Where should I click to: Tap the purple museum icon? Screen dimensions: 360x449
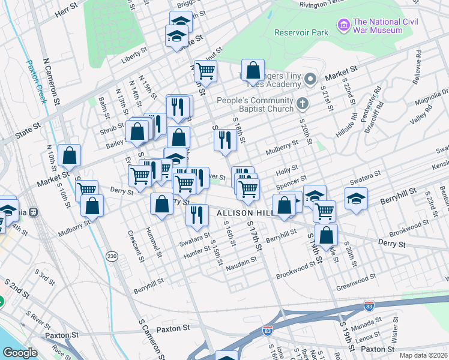(344, 25)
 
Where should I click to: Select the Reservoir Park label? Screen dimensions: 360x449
(301, 32)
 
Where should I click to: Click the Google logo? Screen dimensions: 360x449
(20, 352)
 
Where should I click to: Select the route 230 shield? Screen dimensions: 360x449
(112, 256)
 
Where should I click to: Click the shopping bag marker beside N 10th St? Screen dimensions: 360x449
(70, 155)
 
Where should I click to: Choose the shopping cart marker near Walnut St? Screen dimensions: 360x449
(205, 71)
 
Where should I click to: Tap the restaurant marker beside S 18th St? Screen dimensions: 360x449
(225, 141)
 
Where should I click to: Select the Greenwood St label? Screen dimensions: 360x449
(356, 278)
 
